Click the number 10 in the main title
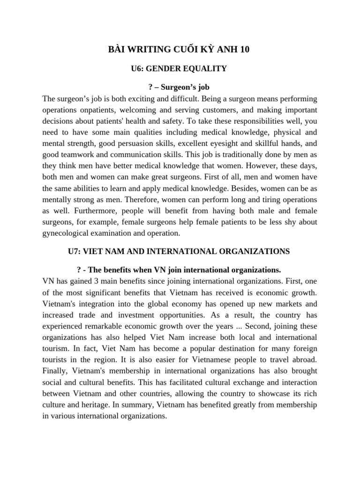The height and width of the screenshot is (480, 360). click(x=245, y=50)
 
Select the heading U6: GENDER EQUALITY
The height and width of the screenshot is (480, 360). click(x=179, y=69)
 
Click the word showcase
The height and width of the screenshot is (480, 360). click(x=268, y=393)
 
